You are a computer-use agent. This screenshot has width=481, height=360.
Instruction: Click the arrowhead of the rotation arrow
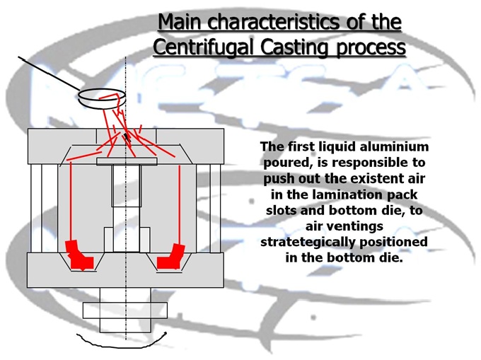pos(165,332)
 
